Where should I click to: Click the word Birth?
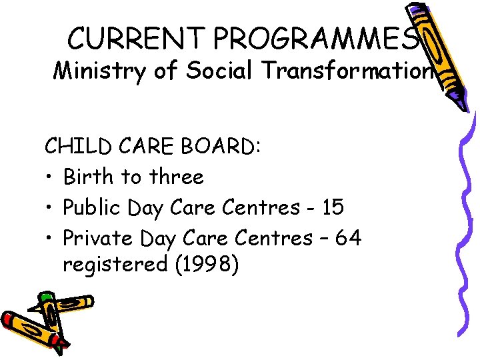tap(89, 177)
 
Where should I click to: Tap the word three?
tap(177, 177)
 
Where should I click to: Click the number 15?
tap(331, 207)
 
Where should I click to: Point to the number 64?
tap(347, 237)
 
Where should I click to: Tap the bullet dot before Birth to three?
tap(50, 178)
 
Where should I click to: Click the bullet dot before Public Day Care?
tap(50, 208)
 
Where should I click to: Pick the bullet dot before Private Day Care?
tap(50, 238)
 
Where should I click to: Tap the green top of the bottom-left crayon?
tap(45, 297)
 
